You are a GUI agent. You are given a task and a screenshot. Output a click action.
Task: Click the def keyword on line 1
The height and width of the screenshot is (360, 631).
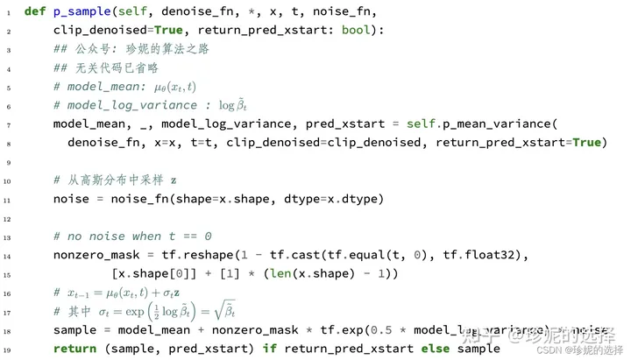pos(36,11)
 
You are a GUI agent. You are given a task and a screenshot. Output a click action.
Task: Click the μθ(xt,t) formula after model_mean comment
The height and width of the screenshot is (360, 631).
pos(195,87)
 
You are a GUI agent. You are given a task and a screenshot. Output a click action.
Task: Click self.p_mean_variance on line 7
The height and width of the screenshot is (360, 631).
pos(480,124)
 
